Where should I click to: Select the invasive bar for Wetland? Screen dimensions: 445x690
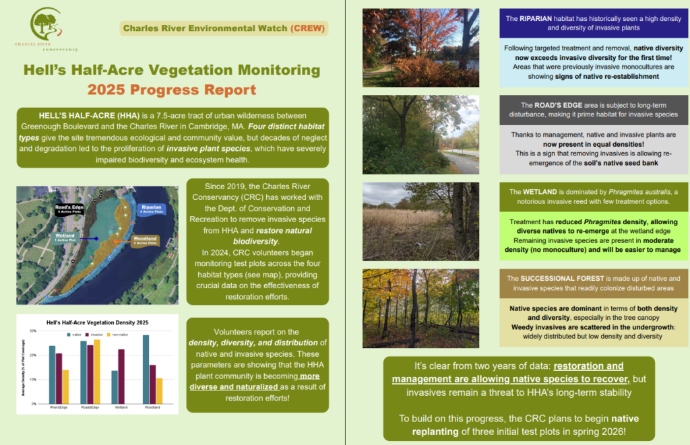121,376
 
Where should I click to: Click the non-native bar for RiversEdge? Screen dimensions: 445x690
65,386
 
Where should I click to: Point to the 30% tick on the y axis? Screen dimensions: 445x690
34,331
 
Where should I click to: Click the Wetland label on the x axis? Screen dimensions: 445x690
121,408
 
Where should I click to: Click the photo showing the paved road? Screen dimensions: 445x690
420,135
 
